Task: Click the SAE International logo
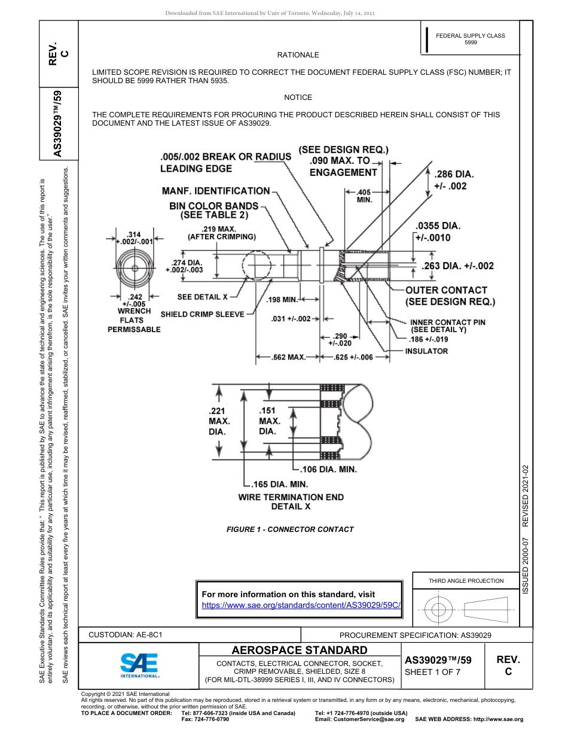(139, 664)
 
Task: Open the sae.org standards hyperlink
(301, 605)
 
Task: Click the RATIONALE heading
(298, 55)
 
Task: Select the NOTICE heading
(298, 97)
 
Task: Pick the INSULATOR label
(426, 351)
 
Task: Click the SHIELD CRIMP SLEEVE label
(203, 314)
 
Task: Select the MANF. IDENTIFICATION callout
(216, 191)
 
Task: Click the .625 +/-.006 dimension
(353, 357)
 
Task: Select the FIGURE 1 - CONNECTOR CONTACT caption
(290, 529)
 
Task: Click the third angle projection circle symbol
(439, 610)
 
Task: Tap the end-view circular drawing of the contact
(135, 267)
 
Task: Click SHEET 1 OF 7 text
(432, 672)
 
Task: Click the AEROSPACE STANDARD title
(299, 650)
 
